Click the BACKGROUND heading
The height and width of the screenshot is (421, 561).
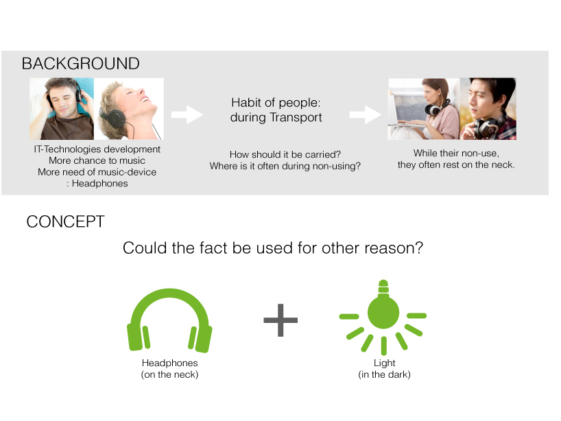(x=80, y=64)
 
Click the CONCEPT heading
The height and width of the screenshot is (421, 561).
(x=65, y=221)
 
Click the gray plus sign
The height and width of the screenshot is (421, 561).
(x=280, y=320)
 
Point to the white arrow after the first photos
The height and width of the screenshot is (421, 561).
(x=187, y=115)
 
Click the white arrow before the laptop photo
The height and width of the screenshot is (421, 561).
(x=366, y=115)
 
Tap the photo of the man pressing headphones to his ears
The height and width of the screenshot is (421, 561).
(x=62, y=109)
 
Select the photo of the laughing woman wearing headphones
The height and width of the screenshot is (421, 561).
(x=129, y=109)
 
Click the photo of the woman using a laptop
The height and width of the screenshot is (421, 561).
(x=424, y=109)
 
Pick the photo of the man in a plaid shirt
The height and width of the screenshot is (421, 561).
(x=488, y=109)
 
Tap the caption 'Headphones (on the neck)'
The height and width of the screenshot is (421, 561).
(x=169, y=369)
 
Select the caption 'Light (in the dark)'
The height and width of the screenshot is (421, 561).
(x=384, y=369)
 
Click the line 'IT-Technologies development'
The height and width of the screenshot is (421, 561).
(x=97, y=149)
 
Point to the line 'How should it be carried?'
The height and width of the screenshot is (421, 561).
(x=285, y=154)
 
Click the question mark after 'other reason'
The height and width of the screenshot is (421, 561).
(x=418, y=248)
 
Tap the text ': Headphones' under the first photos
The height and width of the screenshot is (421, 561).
(x=97, y=184)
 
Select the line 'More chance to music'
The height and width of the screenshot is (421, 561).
(x=97, y=160)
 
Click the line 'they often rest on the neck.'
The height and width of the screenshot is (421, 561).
(x=456, y=165)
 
